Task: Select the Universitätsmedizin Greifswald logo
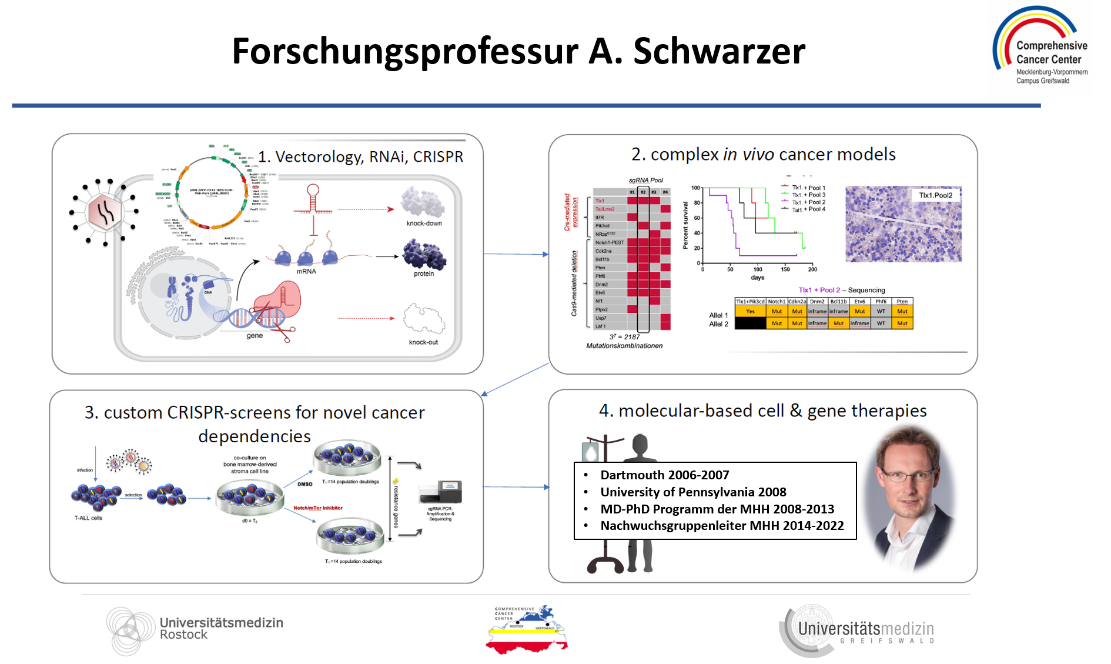[x=858, y=631]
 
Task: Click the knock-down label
[x=424, y=223]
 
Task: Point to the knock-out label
[x=423, y=342]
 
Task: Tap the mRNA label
[x=306, y=272]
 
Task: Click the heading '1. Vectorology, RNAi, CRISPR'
[x=360, y=157]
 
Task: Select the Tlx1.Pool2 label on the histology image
[x=935, y=195]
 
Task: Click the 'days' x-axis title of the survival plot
[x=757, y=278]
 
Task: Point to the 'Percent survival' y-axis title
[x=685, y=225]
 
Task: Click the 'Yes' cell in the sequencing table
[x=750, y=312]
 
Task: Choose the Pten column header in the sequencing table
[x=902, y=302]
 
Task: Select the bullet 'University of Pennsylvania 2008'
[x=693, y=492]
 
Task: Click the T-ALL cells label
[x=88, y=518]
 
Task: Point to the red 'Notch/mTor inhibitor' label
[x=318, y=508]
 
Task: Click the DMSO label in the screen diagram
[x=305, y=485]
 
